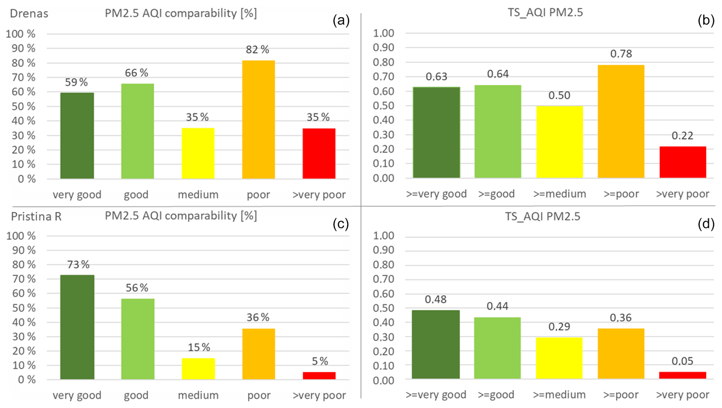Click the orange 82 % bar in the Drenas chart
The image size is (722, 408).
[x=258, y=119]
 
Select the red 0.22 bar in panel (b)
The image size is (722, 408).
[x=683, y=162]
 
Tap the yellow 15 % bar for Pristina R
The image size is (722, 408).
[x=198, y=369]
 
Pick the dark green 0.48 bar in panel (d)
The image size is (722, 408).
[x=436, y=344]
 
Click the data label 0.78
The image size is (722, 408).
[x=621, y=54]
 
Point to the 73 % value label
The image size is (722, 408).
[x=78, y=265]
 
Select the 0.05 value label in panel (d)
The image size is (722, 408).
[x=682, y=361]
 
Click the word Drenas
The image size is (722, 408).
[x=29, y=14]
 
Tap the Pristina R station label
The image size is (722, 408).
[x=36, y=217]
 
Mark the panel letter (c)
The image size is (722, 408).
[x=341, y=224]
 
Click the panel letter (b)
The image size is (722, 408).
[x=706, y=20]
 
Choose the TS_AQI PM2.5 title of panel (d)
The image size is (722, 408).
[x=542, y=216]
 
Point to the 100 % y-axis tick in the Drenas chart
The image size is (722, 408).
[x=21, y=34]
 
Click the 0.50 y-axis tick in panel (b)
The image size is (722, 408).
[x=383, y=105]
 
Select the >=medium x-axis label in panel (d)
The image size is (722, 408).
[x=559, y=395]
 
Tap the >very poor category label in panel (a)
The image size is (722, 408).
[x=319, y=194]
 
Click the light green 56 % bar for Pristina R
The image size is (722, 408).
[x=138, y=339]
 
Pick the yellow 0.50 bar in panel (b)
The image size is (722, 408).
[x=559, y=142]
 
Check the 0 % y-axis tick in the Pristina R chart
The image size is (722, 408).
[x=27, y=380]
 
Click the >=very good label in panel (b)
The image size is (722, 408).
[x=436, y=194]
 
